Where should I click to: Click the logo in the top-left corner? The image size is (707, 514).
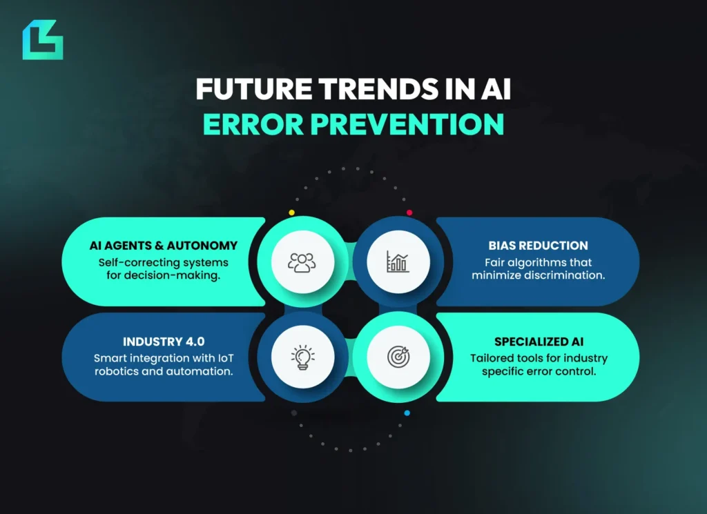pyautogui.click(x=42, y=39)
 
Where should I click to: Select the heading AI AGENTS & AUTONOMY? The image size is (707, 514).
pyautogui.click(x=163, y=246)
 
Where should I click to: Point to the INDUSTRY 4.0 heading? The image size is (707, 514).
pyautogui.click(x=163, y=342)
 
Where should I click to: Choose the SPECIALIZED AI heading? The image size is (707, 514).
pyautogui.click(x=539, y=342)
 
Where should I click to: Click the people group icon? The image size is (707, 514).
pyautogui.click(x=302, y=262)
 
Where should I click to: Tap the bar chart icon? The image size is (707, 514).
pyautogui.click(x=398, y=262)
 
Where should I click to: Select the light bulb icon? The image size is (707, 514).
pyautogui.click(x=302, y=357)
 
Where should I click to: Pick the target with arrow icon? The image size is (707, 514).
pyautogui.click(x=398, y=357)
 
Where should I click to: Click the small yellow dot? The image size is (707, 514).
pyautogui.click(x=291, y=212)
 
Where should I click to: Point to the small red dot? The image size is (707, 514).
pyautogui.click(x=409, y=212)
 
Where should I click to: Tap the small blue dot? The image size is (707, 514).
pyautogui.click(x=407, y=413)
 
